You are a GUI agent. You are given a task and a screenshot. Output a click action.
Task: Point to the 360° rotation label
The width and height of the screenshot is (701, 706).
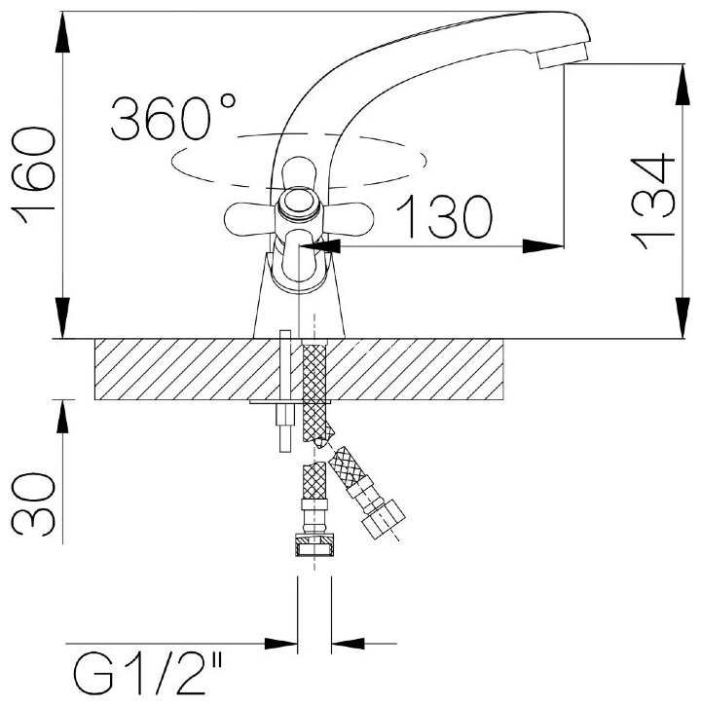174,119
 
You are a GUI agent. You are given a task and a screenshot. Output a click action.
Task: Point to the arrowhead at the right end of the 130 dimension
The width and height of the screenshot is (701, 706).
545,245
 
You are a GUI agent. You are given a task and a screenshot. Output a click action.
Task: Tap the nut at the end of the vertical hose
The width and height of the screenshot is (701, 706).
314,545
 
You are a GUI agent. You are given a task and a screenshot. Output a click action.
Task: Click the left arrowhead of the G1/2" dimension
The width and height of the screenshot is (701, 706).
282,643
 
